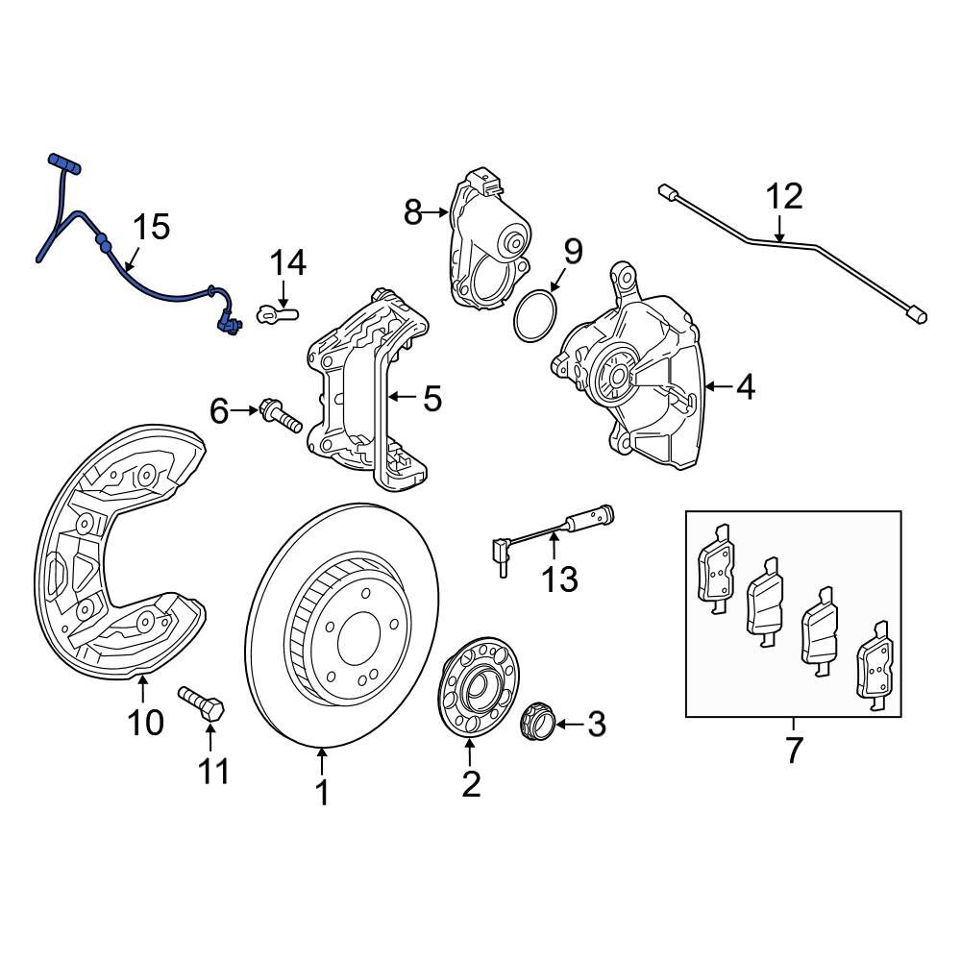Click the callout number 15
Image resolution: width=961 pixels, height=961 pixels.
coord(151,228)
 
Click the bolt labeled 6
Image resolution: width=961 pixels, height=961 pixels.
coord(278,417)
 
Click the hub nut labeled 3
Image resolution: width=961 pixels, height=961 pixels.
coord(534,722)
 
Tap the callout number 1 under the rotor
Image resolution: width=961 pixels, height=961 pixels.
coord(322,794)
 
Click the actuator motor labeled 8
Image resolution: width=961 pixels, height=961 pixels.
coord(485,240)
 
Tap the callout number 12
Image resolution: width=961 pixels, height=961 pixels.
coord(783,197)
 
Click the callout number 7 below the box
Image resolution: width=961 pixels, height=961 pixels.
coord(793,750)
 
